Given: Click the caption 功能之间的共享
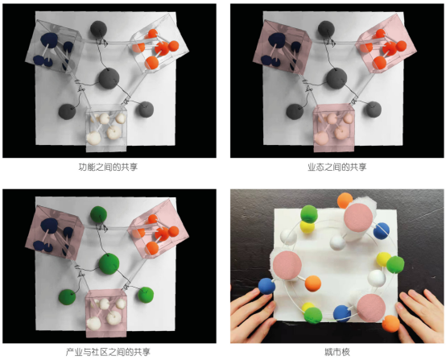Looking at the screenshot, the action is pos(108,167).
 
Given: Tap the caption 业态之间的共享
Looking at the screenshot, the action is pos(337,167).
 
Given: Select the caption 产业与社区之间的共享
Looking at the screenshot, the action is pos(108,352).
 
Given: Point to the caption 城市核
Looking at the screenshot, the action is pos(337,352).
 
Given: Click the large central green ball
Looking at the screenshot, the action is pos(109,264).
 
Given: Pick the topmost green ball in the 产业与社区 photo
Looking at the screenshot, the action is pos(98,214).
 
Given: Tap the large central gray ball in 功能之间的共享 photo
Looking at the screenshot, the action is pos(109,78).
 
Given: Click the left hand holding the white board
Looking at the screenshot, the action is pos(253,313).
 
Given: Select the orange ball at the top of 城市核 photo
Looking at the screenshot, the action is pos(345,201).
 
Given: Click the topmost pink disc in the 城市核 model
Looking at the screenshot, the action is pos(358,217).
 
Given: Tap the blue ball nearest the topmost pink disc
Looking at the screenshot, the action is pos(381,231).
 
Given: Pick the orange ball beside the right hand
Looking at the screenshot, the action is pos(390,324).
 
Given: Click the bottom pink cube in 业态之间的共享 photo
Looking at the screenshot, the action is pos(333,128).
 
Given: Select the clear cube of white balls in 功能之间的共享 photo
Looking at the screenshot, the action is pos(106,128).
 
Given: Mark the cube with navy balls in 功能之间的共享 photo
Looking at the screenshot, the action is pos(55,47).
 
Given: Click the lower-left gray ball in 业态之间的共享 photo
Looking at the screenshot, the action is pos(295,112).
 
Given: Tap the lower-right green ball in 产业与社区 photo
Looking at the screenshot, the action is pos(146,295).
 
